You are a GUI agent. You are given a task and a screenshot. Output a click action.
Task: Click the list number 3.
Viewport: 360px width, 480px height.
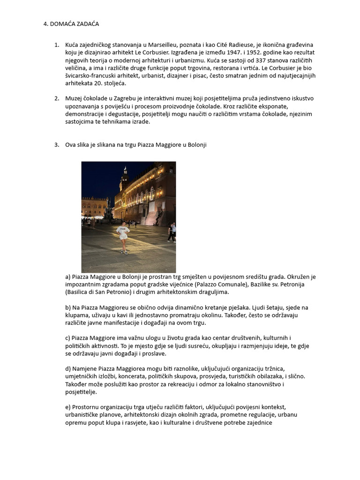pos(57,145)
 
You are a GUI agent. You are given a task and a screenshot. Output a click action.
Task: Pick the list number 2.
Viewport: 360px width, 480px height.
pos(57,98)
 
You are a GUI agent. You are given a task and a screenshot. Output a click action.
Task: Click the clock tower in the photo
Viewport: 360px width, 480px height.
pos(124,178)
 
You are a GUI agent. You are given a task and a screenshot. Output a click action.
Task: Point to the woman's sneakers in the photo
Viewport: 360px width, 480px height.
pos(124,252)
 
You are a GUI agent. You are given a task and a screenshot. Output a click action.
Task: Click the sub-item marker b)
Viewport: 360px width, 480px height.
pos(68,307)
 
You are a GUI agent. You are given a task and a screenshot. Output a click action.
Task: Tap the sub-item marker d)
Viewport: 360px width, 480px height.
pos(68,369)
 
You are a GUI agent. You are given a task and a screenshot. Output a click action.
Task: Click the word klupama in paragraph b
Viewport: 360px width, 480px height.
pos(76,315)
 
